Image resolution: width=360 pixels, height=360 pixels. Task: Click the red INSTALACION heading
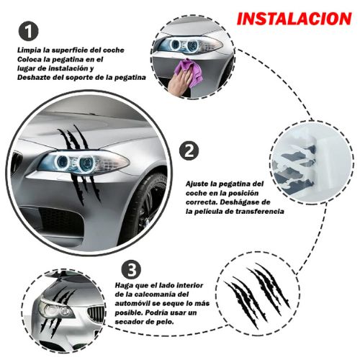coord(294,19)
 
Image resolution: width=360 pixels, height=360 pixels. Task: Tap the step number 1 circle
coord(28,31)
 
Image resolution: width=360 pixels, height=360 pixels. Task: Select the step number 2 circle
coord(189,151)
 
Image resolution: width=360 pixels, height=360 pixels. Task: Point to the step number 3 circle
coord(131,269)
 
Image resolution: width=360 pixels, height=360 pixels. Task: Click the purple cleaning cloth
coord(189,71)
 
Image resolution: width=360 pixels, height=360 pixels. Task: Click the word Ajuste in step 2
coord(197,184)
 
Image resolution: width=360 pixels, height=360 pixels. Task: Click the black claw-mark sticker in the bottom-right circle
coord(258,293)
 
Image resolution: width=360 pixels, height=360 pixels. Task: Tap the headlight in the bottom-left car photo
coord(55,309)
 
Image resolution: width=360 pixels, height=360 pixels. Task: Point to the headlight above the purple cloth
coord(188,45)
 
